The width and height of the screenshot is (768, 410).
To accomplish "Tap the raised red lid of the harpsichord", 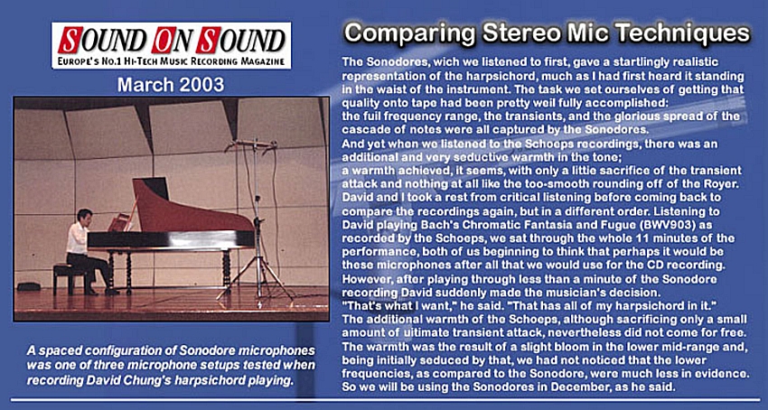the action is (x=191, y=207).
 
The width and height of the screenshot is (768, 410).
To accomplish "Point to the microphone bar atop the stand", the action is (x=251, y=144).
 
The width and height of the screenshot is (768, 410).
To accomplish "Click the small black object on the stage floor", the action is (x=28, y=286).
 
